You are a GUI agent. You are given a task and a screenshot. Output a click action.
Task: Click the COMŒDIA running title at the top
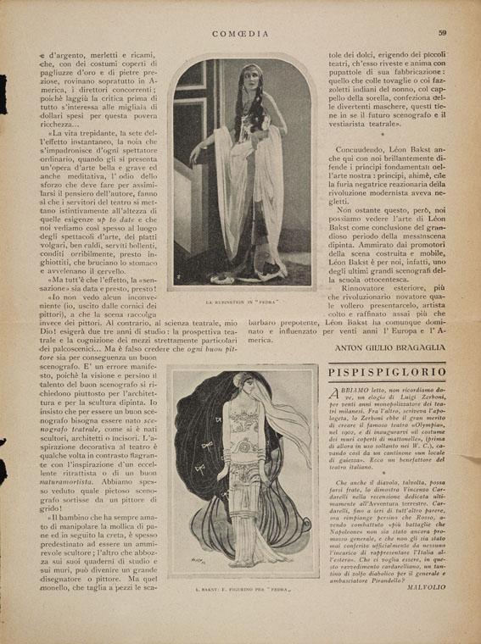pyautogui.click(x=240, y=10)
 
